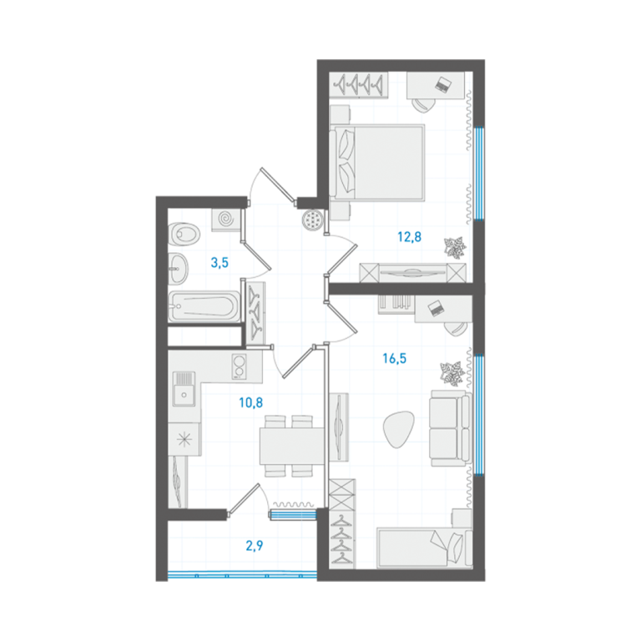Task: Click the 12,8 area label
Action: tap(409, 237)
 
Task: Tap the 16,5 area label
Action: tap(394, 359)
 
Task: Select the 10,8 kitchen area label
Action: tap(250, 402)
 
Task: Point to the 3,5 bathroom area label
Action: tap(220, 262)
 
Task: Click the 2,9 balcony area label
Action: tap(255, 545)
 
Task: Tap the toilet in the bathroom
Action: tap(184, 235)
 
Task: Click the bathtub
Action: tap(204, 306)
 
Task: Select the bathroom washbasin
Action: tap(179, 269)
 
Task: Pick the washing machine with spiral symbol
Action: tap(225, 220)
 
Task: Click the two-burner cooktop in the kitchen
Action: tap(240, 366)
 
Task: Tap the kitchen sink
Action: tap(184, 389)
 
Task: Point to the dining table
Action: tap(292, 446)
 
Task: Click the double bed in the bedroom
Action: tap(377, 163)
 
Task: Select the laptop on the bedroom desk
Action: tap(443, 84)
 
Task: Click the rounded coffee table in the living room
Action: tap(398, 429)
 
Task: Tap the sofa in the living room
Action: tap(450, 428)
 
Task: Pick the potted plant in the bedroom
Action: tap(455, 248)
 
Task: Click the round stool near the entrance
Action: tap(313, 220)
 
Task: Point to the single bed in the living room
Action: tap(424, 548)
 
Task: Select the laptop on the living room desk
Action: tap(436, 308)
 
